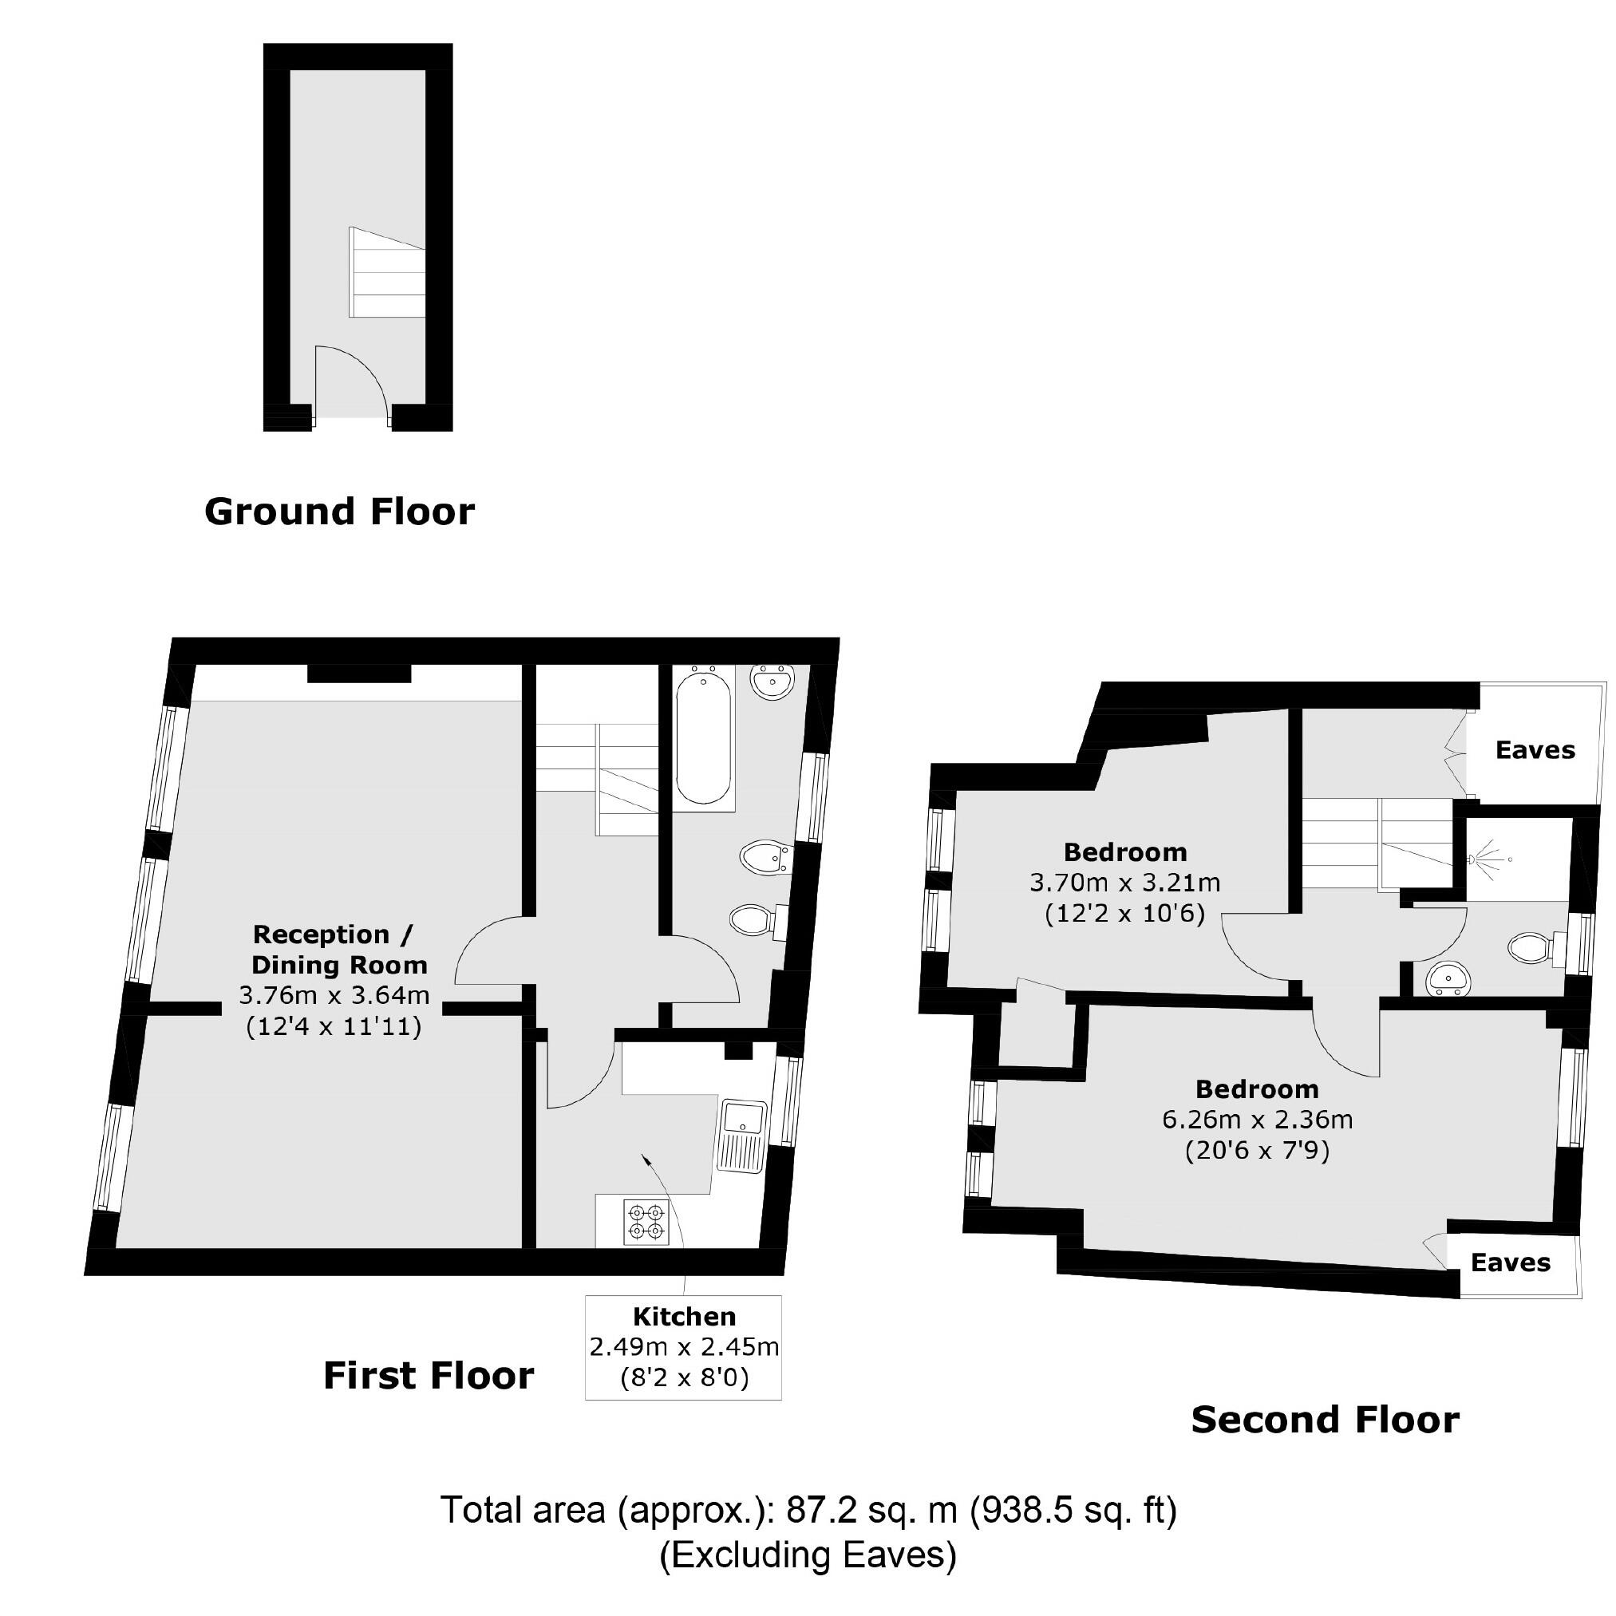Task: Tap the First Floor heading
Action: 429,1375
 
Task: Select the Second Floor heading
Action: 1325,1420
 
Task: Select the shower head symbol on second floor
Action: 1484,858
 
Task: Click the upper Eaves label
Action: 1535,750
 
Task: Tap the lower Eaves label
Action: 1511,1262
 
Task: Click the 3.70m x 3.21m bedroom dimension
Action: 1124,883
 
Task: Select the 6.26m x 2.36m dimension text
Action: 1257,1119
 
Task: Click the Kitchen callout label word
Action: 684,1317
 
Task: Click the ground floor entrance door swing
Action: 350,381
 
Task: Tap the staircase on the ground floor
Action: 386,273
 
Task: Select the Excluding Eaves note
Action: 808,1555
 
